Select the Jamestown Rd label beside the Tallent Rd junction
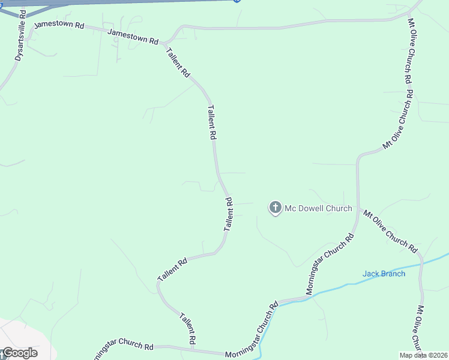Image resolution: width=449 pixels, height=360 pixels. point(133,37)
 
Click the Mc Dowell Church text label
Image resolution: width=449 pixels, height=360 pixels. point(318,208)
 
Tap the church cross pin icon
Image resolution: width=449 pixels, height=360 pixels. point(275,208)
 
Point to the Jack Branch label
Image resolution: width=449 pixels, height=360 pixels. point(384,274)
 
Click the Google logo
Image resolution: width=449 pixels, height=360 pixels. point(19,353)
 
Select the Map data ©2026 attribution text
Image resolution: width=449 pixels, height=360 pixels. point(423,355)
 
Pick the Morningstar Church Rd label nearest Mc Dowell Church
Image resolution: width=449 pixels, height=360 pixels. point(331,263)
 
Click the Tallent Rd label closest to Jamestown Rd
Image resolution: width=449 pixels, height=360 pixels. point(178,62)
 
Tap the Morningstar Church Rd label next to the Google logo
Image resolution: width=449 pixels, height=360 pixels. point(123,347)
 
